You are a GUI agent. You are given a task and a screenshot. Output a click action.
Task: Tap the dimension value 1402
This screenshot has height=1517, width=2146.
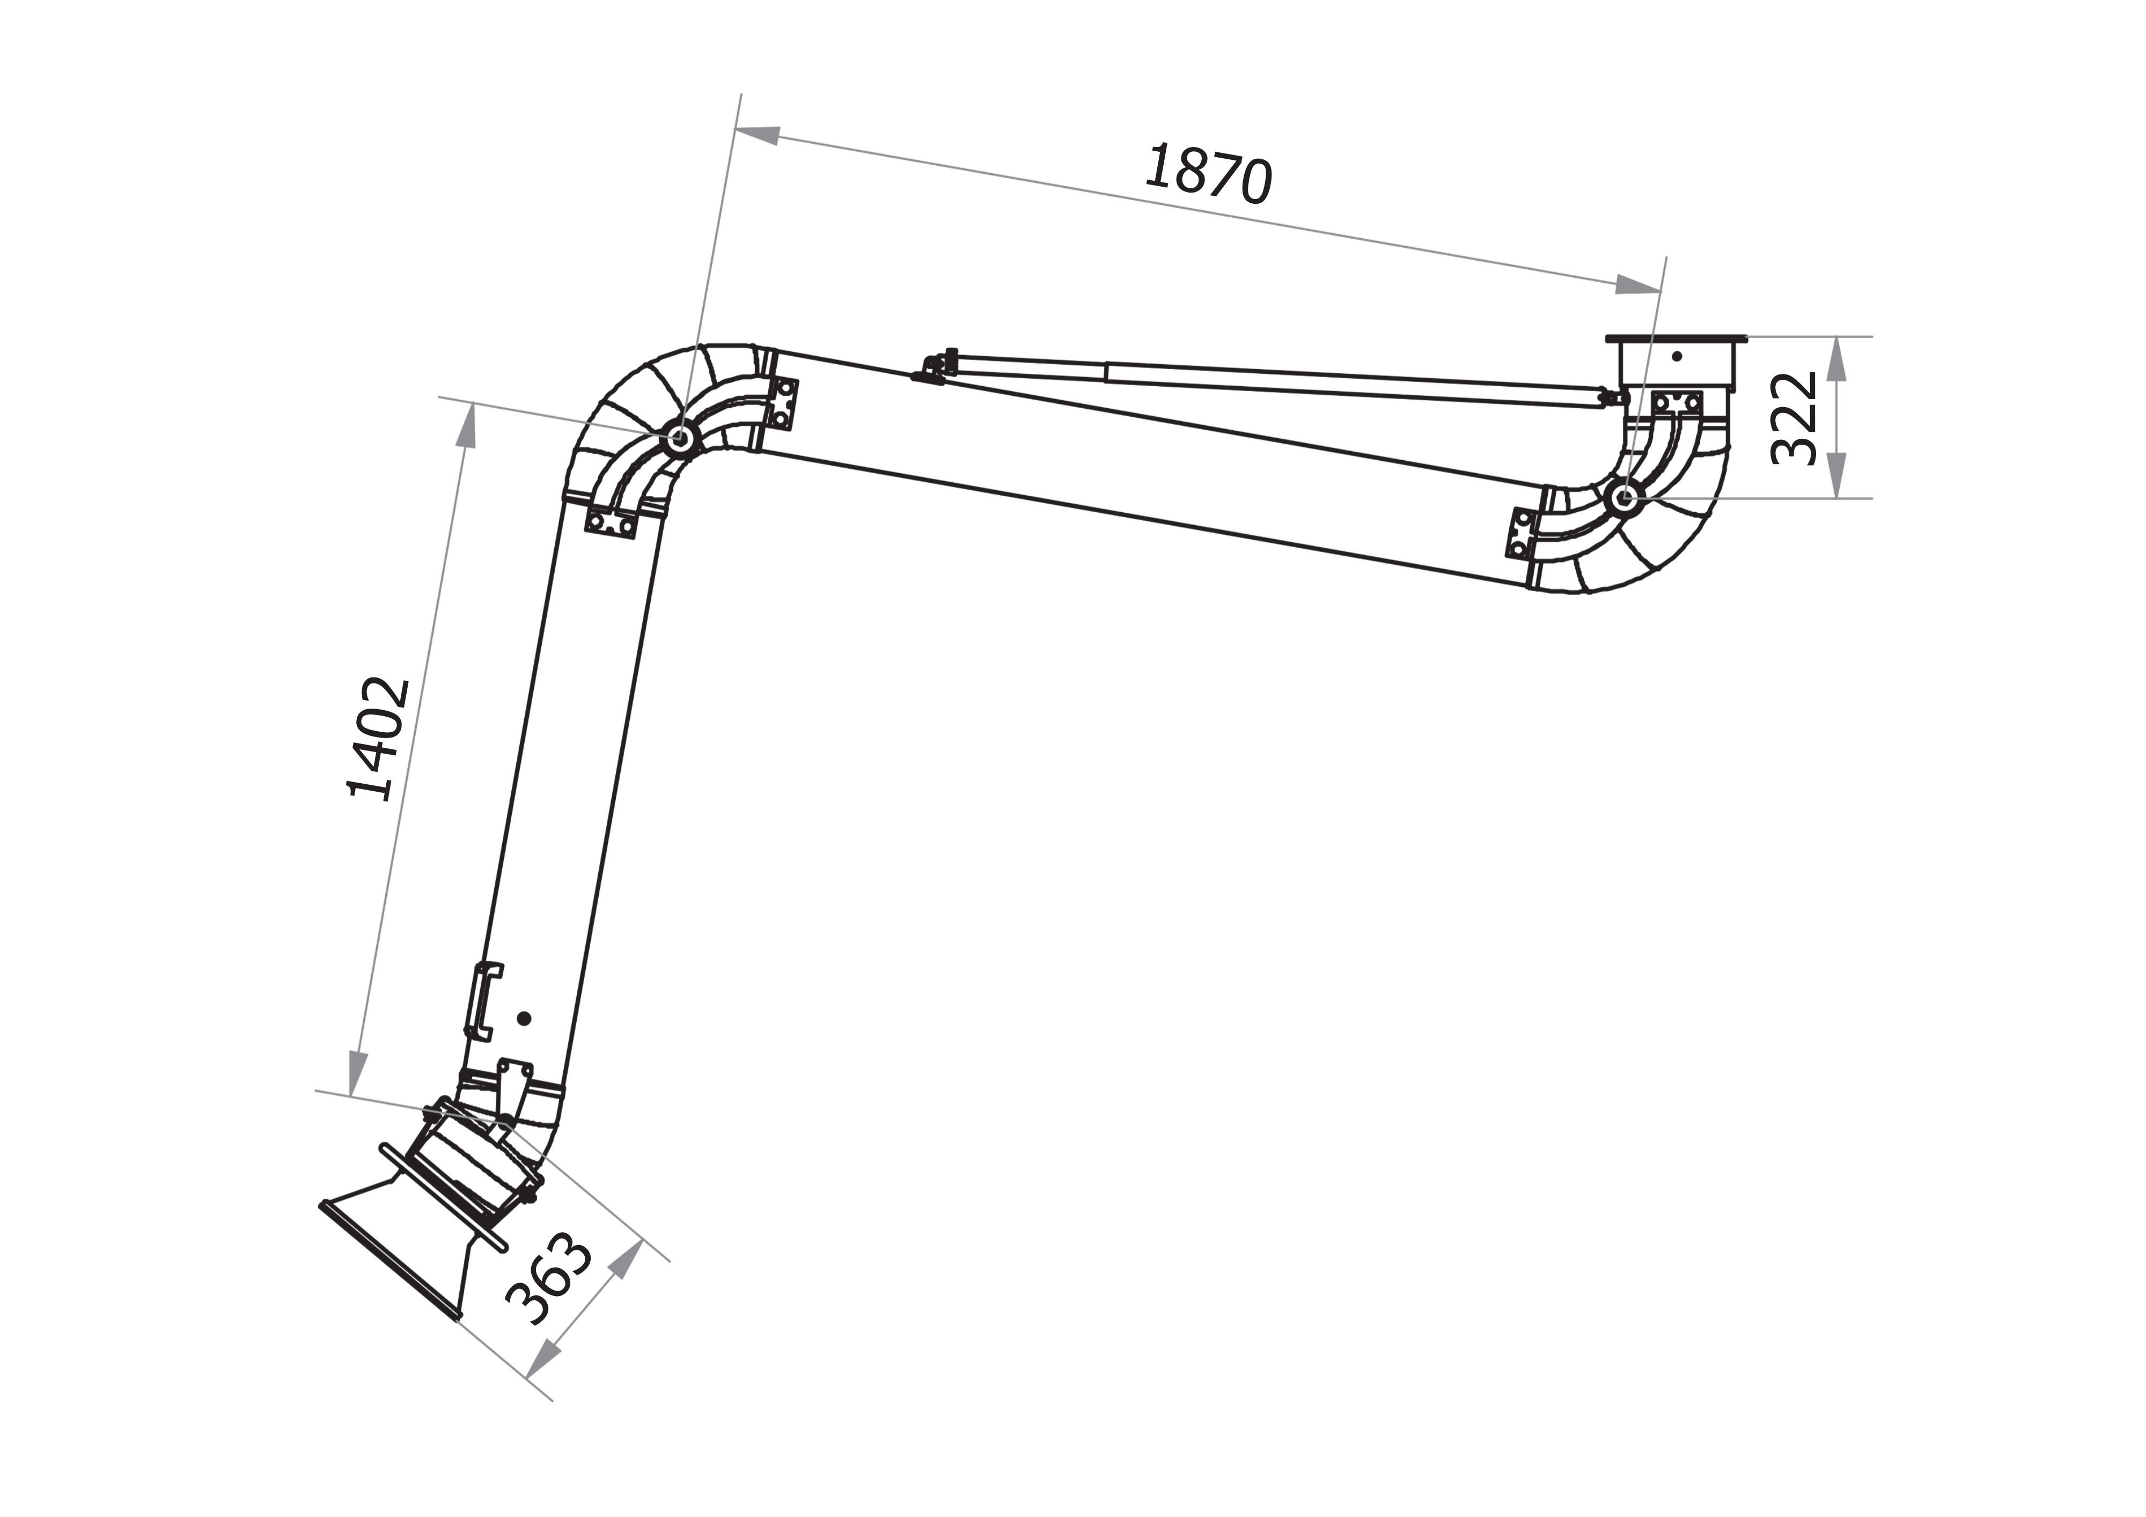379,739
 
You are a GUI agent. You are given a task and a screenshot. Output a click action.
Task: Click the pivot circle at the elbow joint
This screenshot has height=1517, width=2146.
680,437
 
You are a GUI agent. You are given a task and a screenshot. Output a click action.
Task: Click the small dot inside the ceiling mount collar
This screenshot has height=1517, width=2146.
1677,356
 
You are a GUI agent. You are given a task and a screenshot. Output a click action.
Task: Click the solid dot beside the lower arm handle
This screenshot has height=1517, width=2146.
524,1019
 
